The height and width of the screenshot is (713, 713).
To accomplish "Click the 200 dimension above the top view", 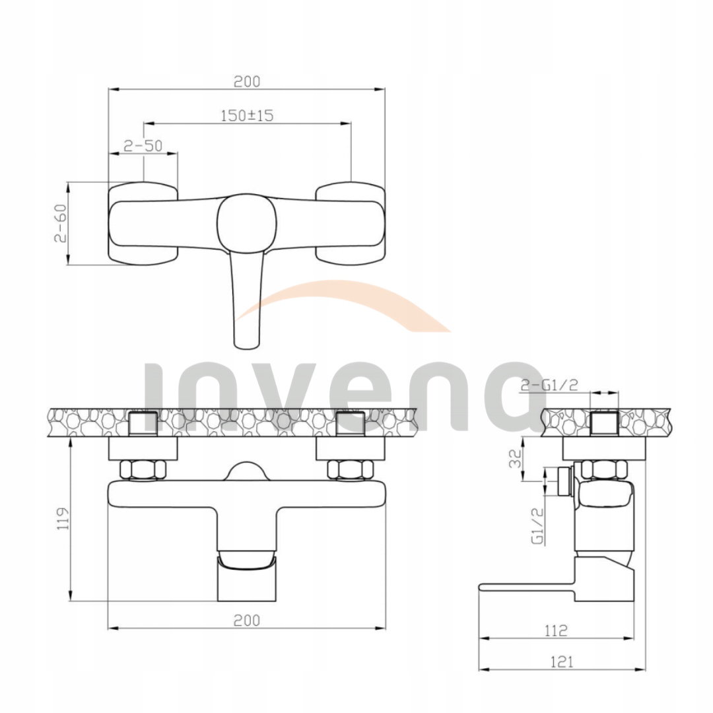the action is pyautogui.click(x=247, y=81).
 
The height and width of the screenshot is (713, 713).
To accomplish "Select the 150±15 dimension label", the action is pyautogui.click(x=247, y=116).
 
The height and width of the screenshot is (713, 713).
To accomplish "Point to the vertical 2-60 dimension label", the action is pyautogui.click(x=61, y=223).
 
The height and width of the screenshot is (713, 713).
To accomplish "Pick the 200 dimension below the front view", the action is pyautogui.click(x=247, y=620).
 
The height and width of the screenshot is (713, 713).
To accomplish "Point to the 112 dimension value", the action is pyautogui.click(x=556, y=630).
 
